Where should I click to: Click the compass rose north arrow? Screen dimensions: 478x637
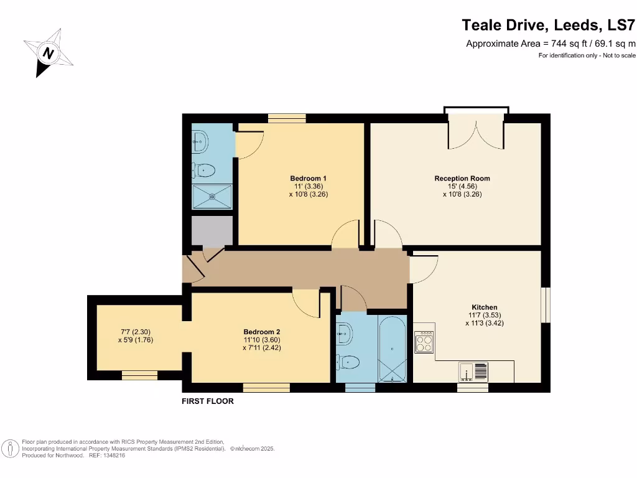click(x=49, y=53)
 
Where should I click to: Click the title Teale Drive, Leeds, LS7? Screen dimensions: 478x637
click(x=549, y=26)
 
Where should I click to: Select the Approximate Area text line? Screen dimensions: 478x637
click(x=551, y=44)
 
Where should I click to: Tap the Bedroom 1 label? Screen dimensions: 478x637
click(x=308, y=179)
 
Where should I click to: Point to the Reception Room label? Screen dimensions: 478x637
click(x=462, y=179)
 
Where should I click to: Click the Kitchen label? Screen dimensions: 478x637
click(x=484, y=307)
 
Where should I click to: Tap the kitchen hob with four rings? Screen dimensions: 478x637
click(x=424, y=342)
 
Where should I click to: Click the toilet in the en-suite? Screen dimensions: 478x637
click(x=204, y=169)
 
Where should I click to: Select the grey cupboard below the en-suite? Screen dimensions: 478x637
click(x=212, y=230)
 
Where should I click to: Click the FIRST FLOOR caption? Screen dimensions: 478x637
click(x=208, y=401)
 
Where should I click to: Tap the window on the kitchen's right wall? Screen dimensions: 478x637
click(x=546, y=305)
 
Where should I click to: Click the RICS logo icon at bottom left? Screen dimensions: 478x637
click(x=10, y=448)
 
